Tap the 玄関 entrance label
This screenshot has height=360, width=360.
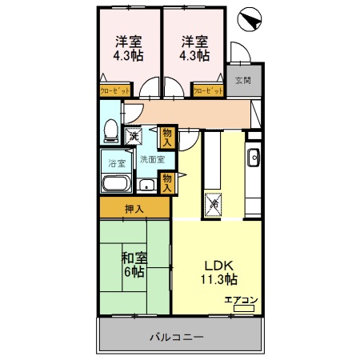click(242, 80)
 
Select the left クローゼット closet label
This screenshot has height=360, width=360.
click(114, 92)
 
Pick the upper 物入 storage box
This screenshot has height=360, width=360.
click(166, 136)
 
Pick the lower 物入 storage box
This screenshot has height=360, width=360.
click(166, 182)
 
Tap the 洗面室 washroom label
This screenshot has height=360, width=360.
click(152, 158)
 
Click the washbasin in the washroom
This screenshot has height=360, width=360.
click(146, 185)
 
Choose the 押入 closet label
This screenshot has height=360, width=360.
click(134, 210)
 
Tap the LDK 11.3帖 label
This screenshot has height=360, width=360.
click(218, 273)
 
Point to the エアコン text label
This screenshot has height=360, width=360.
click(241, 300)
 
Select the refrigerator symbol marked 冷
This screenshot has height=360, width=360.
click(214, 204)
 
